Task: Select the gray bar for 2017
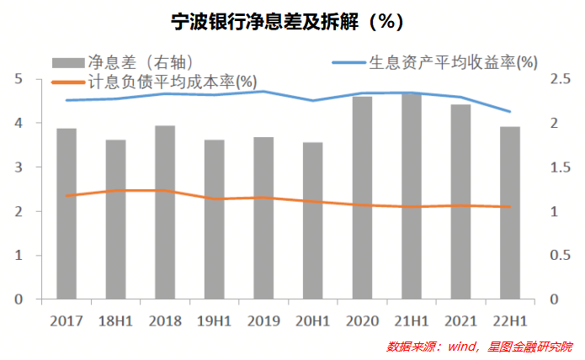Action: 66,214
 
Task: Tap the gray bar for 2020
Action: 362,198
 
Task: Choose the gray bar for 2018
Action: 165,212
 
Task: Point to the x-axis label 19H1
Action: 214,320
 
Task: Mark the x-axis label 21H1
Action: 412,320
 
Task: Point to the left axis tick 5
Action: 18,79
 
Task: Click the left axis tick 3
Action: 18,167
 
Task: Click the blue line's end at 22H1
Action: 510,112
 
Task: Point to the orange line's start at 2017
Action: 66,196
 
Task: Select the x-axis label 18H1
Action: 115,320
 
